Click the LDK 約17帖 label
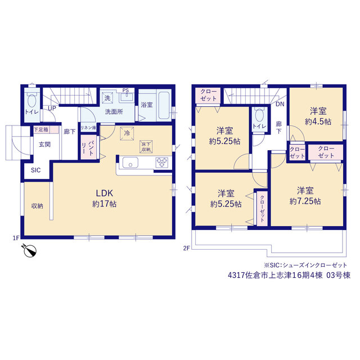click(x=105, y=199)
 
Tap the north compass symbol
click(x=30, y=251)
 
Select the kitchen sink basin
click(x=130, y=163)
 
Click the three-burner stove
click(x=162, y=163)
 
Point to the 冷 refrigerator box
click(x=127, y=133)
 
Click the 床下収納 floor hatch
click(x=146, y=147)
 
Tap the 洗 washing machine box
click(x=107, y=98)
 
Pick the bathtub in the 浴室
click(x=164, y=105)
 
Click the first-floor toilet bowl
click(x=31, y=101)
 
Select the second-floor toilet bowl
click(x=259, y=115)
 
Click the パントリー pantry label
click(x=88, y=147)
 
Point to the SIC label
click(x=36, y=170)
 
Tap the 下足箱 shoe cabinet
click(x=46, y=130)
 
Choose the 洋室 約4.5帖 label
click(x=318, y=116)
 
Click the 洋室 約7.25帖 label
click(x=305, y=196)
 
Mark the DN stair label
click(x=280, y=104)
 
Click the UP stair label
click(x=52, y=108)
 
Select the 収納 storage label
click(x=37, y=206)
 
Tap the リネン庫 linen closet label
click(x=88, y=128)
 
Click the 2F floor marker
click(x=186, y=248)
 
